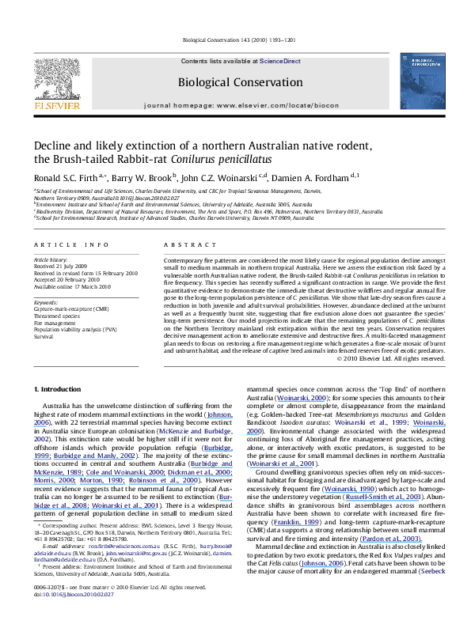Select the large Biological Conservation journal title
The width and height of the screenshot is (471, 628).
(x=235, y=81)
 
